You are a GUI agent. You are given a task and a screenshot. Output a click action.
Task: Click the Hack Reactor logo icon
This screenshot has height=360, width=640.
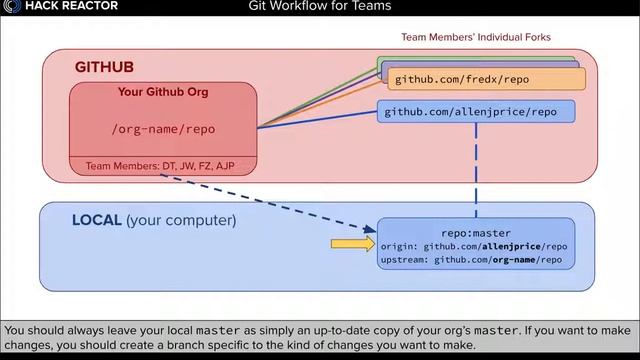click(11, 7)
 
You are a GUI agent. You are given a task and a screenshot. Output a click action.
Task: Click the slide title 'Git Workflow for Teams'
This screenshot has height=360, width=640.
click(320, 7)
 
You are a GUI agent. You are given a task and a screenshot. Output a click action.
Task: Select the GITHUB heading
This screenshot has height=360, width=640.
click(104, 67)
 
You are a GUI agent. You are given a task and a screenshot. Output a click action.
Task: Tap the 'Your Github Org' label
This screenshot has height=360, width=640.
click(163, 93)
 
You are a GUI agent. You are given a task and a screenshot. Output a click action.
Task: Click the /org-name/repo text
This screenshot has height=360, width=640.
click(163, 129)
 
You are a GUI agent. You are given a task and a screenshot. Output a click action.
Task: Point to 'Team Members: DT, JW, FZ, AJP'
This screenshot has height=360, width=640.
click(160, 166)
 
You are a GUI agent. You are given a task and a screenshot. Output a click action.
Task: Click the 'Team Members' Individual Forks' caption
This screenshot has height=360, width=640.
click(476, 37)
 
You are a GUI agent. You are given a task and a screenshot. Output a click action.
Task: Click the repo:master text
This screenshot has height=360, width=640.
click(475, 232)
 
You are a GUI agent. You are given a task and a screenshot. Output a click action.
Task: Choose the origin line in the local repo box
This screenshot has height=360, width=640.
click(474, 246)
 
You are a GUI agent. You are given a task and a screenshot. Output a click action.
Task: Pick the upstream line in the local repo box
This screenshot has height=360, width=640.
click(471, 259)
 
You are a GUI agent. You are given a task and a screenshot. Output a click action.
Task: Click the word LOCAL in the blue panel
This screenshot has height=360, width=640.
click(97, 220)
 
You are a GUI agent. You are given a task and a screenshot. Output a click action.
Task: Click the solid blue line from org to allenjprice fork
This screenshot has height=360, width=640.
click(320, 117)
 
